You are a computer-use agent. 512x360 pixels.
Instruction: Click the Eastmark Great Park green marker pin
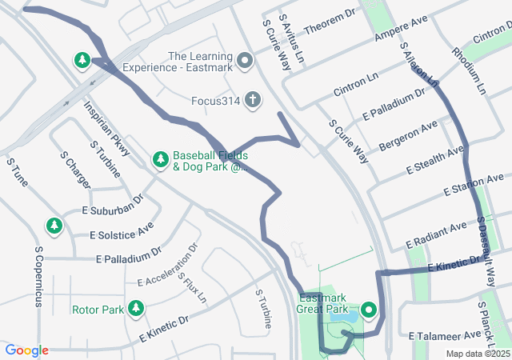point(369,309)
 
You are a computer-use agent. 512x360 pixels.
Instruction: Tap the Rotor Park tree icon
point(136,308)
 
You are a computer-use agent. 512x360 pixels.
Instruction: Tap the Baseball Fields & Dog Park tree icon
point(160,160)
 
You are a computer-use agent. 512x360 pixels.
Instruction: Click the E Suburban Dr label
point(112,204)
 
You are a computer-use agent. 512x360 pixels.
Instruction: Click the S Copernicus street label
point(38,276)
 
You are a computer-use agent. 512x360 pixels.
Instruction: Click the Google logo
point(27,350)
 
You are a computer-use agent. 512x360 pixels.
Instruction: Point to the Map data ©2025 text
point(477,354)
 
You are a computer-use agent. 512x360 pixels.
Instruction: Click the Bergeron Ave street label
point(408,134)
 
